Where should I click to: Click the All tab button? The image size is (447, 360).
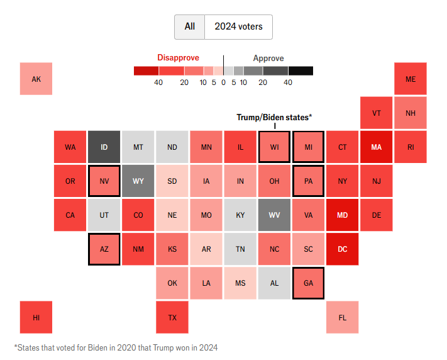tap(190, 27)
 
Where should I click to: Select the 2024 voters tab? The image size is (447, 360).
tap(238, 27)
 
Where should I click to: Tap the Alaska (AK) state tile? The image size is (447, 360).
tap(36, 79)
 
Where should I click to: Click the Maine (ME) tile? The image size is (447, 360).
tap(410, 79)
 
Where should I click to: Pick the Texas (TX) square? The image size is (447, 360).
tap(172, 317)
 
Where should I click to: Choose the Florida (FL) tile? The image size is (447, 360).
tap(342, 317)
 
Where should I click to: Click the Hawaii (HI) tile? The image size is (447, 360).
tap(36, 317)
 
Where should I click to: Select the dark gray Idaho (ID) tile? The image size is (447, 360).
tap(104, 147)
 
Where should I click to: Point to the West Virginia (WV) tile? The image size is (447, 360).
tap(274, 215)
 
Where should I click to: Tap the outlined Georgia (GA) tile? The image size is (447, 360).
tap(308, 283)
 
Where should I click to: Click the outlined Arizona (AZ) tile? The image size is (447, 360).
tap(104, 249)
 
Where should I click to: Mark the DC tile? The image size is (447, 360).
tap(342, 249)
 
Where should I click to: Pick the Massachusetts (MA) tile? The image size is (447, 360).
tap(376, 147)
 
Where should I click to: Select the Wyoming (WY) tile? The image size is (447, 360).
tap(138, 181)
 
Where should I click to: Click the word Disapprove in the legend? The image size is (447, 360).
tap(178, 58)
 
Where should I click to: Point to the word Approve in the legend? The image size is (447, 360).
tap(268, 58)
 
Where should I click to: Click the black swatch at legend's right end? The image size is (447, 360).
tap(301, 71)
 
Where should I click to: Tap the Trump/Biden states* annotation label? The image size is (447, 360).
tap(274, 117)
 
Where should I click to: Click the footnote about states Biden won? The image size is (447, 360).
tap(116, 347)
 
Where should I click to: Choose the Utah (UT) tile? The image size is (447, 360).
tap(104, 215)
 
